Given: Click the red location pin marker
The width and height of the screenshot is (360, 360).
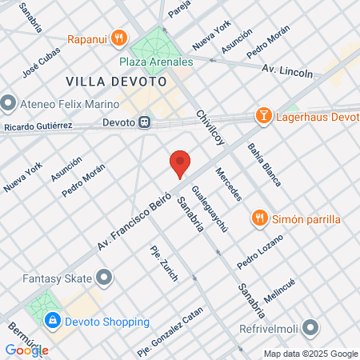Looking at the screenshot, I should pos(180,163).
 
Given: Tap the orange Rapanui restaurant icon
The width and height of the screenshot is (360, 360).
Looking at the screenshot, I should pos(119,37).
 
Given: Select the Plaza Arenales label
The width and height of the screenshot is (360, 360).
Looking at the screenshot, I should pos(157,61).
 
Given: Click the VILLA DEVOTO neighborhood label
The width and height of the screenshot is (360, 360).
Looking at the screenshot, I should pos(116,82).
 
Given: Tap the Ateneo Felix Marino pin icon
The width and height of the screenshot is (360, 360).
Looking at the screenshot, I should pos(9,102).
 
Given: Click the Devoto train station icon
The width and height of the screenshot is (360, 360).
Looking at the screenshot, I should pos(144,123).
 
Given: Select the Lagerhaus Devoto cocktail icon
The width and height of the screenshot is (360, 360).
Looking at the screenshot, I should pos(262,117).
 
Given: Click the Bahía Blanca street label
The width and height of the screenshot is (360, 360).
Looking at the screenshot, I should pos(264,164).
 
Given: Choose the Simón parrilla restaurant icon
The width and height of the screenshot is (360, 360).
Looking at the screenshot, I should pos(259,218).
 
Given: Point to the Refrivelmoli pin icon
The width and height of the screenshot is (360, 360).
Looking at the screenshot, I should pos(312,328).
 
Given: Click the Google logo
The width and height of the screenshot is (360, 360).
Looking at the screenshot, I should pos(26,350).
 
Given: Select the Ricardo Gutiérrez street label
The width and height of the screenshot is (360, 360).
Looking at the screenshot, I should pos(38,127).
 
